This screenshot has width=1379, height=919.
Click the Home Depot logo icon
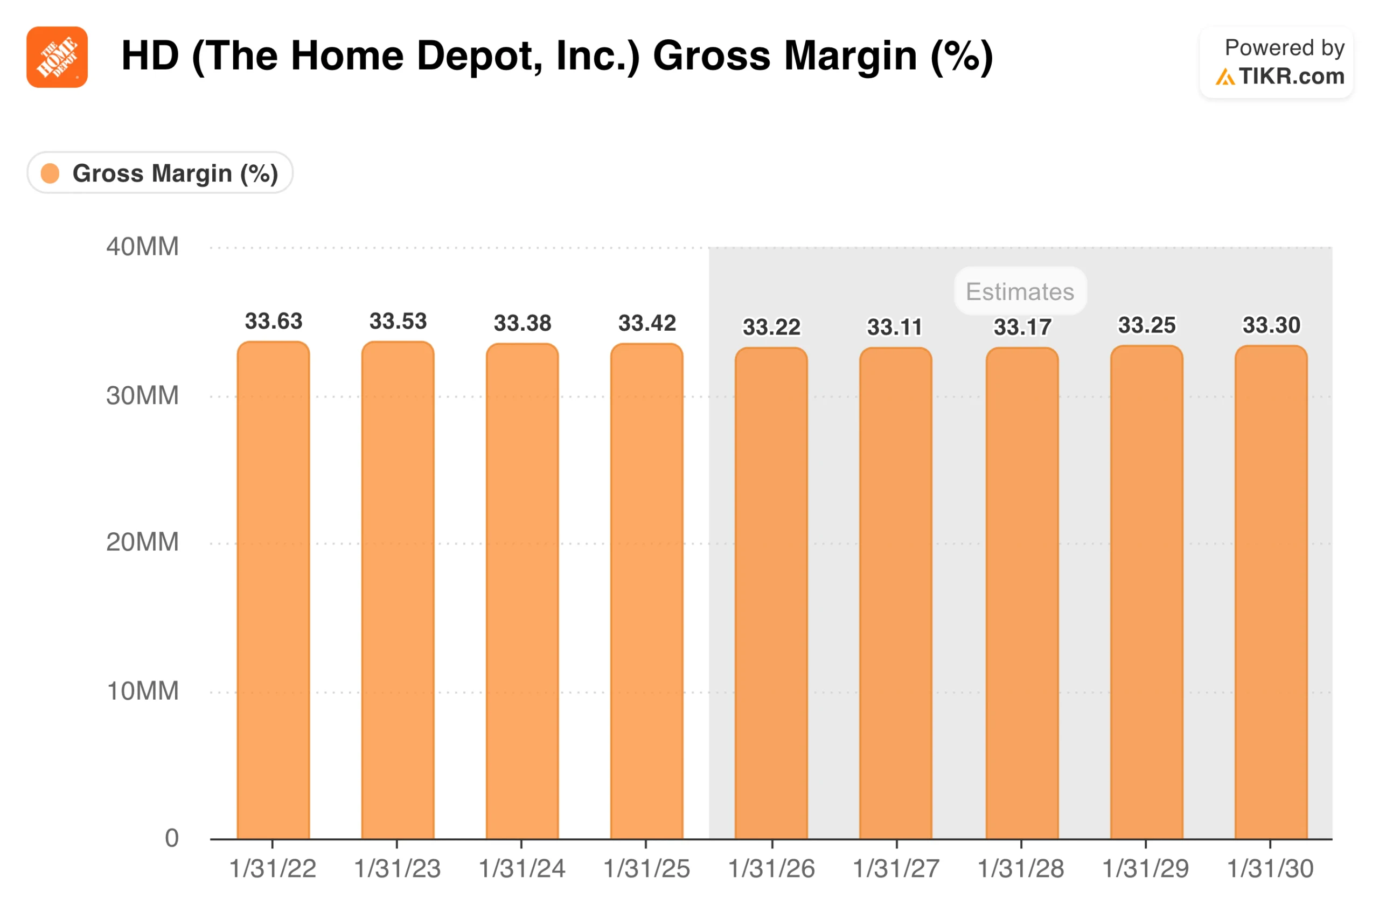coord(57,57)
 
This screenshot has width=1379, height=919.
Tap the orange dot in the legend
coord(51,173)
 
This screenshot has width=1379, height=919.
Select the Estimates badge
coord(1019,291)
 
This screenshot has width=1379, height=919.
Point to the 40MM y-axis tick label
coord(142,247)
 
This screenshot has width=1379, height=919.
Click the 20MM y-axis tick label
coord(142,542)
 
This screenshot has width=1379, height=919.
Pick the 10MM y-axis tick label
coord(142,691)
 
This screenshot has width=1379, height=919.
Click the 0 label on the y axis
coord(171,838)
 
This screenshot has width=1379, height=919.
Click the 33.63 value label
coord(273,321)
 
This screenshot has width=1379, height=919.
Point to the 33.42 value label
coord(646,323)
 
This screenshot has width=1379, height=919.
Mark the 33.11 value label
coord(894,327)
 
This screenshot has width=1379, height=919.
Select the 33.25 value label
coord(1146,325)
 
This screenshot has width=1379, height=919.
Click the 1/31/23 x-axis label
coord(397,868)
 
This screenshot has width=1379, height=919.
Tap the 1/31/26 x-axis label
coord(771,868)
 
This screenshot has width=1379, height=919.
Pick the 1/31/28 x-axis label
coord(1020,868)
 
